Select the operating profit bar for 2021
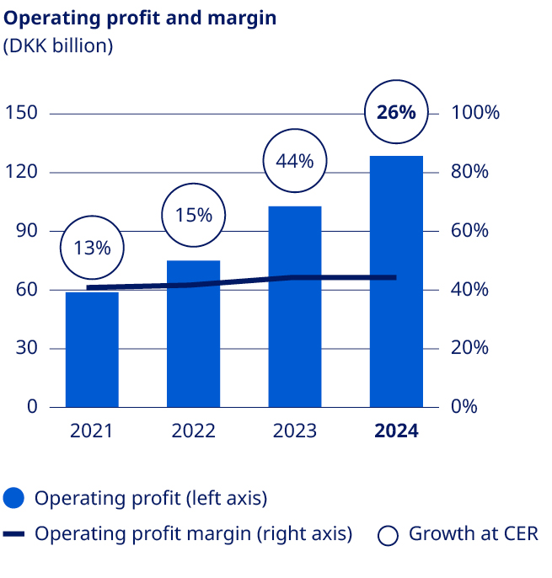pos(92,350)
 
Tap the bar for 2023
pos(294,307)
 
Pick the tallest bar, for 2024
pos(396,281)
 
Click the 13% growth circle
pos(92,248)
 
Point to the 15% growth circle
pos(193,215)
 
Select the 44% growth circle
pos(294,160)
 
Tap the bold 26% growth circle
pos(396,112)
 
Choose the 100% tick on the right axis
pos(476,113)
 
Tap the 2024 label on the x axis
pos(396,431)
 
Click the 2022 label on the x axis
pos(193,431)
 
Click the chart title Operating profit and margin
pos(140,18)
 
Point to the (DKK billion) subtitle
pos(58,46)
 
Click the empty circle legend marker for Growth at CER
pos(389,535)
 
